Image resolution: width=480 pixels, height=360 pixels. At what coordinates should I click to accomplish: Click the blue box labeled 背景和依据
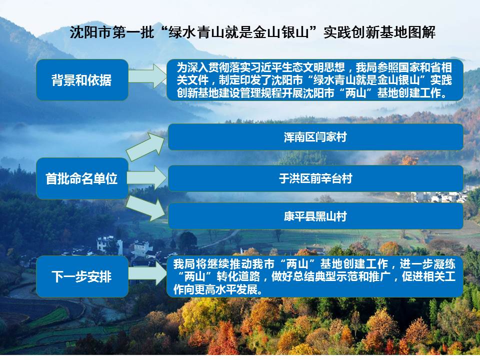[82, 80]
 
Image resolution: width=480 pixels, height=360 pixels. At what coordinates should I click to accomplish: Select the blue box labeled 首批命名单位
[82, 178]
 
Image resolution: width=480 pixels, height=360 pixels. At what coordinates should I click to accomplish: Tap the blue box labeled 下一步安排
[82, 276]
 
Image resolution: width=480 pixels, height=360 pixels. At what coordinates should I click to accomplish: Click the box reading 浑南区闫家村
[315, 137]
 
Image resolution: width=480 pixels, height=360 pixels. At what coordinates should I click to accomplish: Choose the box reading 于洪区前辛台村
[315, 178]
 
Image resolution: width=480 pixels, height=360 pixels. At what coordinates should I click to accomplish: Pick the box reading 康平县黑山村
[315, 216]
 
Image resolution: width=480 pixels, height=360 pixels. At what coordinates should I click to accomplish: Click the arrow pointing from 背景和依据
[147, 76]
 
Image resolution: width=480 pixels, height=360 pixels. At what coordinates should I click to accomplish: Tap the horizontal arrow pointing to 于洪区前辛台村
[147, 178]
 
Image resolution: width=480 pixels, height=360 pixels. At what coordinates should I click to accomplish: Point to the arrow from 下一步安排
[147, 273]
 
